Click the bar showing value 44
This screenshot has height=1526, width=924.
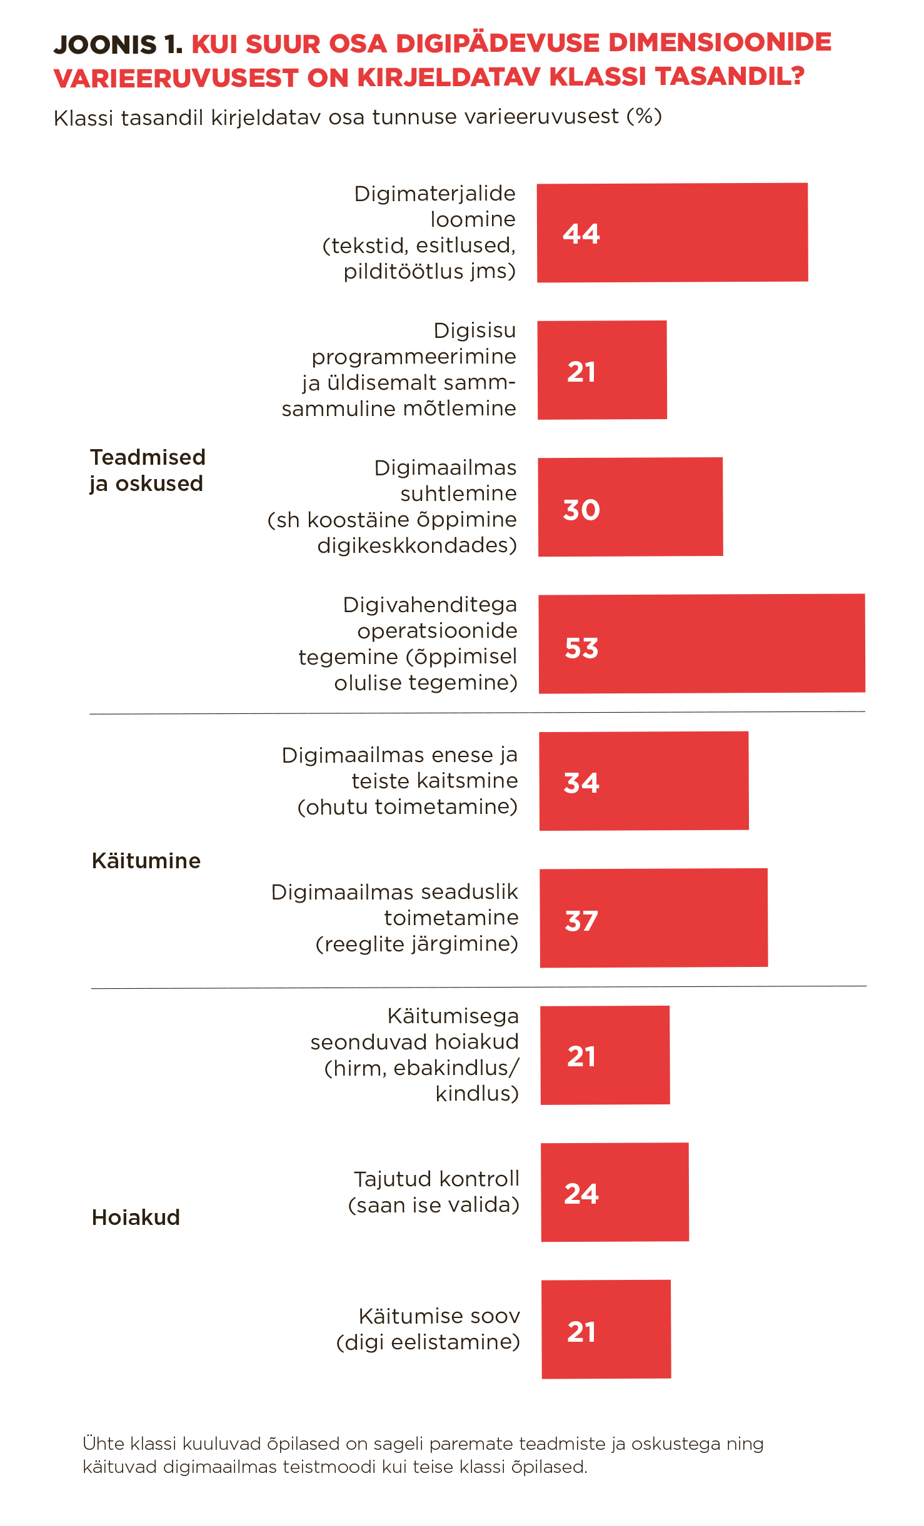672,232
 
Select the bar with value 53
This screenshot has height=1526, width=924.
701,643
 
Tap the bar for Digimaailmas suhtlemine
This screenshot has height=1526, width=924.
630,507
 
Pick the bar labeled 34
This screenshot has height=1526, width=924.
644,781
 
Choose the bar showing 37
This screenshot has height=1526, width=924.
653,918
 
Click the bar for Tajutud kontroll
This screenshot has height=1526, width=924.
615,1192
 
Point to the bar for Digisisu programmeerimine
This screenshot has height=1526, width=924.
602,370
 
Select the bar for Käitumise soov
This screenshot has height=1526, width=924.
606,1329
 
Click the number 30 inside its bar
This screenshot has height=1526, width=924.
581,510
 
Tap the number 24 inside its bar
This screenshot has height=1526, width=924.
581,1194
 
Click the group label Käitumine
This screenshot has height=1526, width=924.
146,861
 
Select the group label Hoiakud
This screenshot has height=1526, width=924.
136,1217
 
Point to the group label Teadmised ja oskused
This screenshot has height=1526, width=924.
148,470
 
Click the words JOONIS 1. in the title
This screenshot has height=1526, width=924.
118,44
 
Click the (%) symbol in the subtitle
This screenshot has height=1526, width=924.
644,116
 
